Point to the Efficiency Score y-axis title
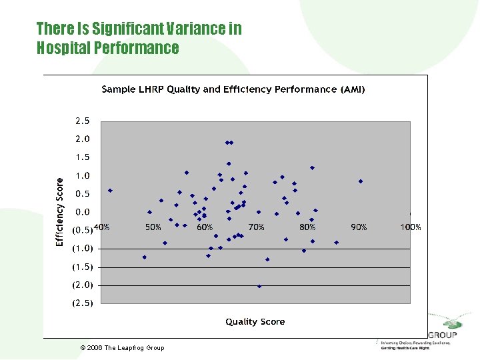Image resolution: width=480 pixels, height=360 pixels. (59, 211)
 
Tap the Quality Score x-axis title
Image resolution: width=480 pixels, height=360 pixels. (255, 321)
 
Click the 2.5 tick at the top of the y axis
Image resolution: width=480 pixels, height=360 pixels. (82, 121)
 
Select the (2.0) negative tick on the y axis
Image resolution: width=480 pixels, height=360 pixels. (82, 285)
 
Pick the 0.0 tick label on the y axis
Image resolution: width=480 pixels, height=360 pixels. (82, 212)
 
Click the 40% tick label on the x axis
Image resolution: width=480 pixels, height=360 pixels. (101, 227)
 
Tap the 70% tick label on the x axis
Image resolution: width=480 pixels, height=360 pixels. (256, 227)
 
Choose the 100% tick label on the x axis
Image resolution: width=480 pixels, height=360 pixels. (410, 227)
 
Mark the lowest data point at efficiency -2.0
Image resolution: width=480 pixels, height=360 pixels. (259, 286)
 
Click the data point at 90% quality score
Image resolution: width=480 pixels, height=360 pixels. (361, 181)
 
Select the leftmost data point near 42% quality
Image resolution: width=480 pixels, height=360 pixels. (110, 191)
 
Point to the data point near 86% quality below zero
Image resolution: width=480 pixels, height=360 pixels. (337, 243)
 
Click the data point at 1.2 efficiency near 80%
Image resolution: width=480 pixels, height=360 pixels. (312, 168)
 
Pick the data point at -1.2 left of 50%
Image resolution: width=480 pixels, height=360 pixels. (144, 257)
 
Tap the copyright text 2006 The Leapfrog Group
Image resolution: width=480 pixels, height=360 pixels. (122, 348)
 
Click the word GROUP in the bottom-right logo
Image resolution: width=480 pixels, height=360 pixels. (443, 335)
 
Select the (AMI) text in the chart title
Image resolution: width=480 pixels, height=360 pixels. (353, 89)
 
